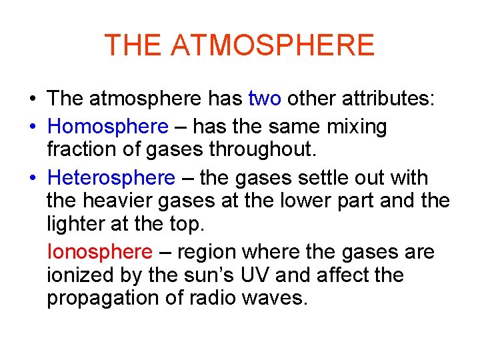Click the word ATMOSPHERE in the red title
tap(273, 45)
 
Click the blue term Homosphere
tap(109, 126)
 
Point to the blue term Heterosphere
tap(111, 178)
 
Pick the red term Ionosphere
tap(100, 252)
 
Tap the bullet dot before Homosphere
tap(32, 127)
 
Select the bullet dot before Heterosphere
tap(32, 179)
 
